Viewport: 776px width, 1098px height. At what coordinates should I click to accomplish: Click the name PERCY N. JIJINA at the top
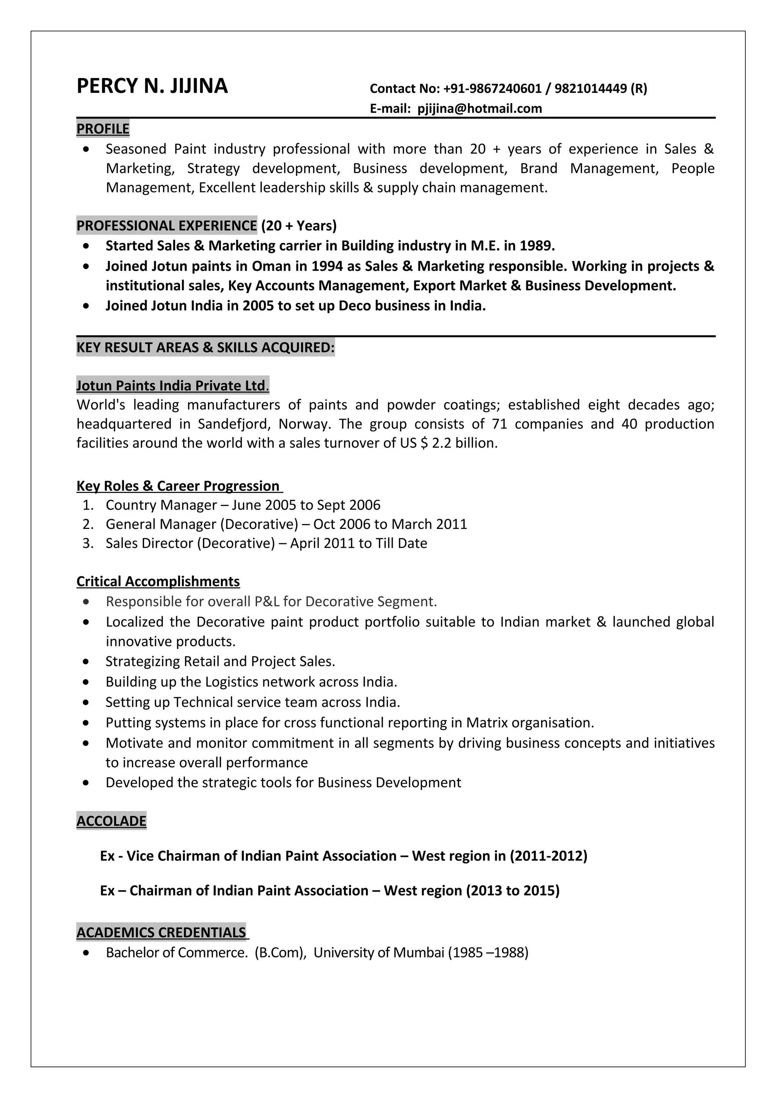(x=152, y=86)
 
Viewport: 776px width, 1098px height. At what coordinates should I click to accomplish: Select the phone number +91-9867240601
(x=493, y=89)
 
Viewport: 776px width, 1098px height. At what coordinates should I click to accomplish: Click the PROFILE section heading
(x=103, y=129)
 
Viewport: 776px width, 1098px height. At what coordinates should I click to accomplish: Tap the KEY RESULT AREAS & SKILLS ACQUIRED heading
(x=206, y=347)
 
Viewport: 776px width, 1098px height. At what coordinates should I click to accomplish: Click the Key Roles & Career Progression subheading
(x=178, y=486)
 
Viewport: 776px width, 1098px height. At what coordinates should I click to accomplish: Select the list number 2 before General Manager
(x=88, y=524)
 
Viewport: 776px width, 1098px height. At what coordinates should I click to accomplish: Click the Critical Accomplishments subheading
(x=158, y=582)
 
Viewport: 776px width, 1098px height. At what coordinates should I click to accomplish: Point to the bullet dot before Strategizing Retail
(x=86, y=662)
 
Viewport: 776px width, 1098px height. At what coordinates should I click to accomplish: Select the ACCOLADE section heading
(x=111, y=821)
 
